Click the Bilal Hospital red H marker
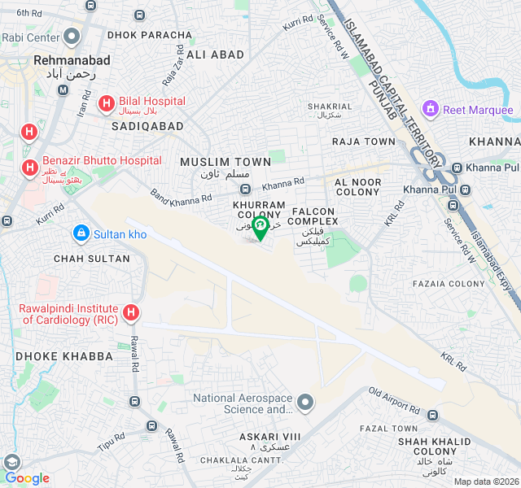106,103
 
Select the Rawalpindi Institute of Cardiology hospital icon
130,313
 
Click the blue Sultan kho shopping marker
81,233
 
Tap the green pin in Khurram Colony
260,227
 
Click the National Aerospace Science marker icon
305,402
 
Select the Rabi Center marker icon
72,37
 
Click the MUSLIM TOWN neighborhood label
225,163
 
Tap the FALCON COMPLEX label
313,216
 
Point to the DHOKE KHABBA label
53,356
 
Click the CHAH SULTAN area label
91,259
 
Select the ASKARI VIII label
269,437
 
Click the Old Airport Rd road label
393,399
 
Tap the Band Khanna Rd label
181,196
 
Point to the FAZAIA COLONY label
449,284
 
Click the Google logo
28,478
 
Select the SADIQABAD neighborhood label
144,127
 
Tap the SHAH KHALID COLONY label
434,446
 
